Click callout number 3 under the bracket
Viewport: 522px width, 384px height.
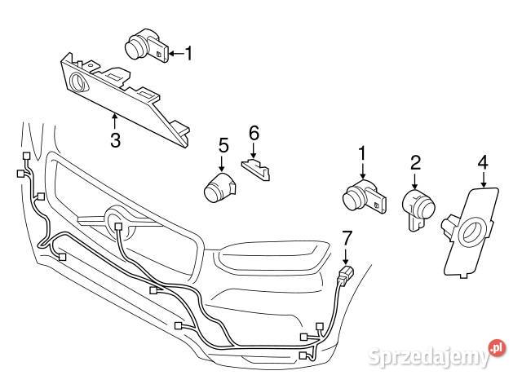click(115, 140)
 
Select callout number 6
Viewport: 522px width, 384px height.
click(253, 131)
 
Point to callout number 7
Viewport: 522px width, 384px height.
click(346, 239)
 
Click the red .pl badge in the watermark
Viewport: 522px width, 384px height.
click(497, 348)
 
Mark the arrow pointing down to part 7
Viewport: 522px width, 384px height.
click(346, 255)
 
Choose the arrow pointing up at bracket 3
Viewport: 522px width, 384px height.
click(115, 122)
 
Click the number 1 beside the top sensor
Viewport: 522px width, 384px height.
click(188, 55)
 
